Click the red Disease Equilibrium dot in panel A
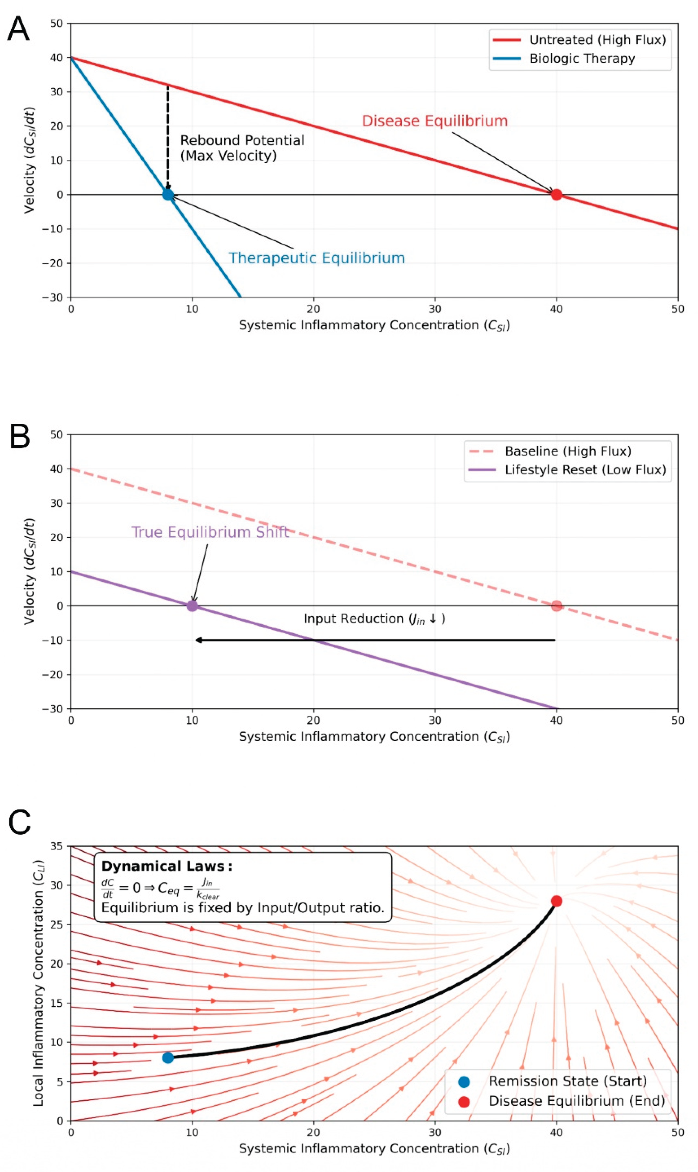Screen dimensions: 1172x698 point(556,194)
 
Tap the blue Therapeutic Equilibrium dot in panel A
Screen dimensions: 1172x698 point(168,194)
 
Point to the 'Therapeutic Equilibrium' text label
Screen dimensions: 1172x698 point(317,258)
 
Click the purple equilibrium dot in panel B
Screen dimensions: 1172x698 point(192,606)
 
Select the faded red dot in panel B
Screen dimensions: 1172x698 point(556,606)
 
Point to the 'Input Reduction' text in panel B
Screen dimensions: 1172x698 point(374,619)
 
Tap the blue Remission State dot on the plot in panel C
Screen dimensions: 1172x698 point(168,1058)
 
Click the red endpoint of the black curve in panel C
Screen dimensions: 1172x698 point(556,901)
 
